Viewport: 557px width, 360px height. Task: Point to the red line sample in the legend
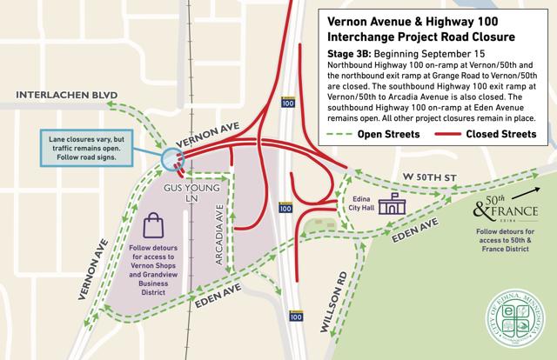(460, 134)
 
